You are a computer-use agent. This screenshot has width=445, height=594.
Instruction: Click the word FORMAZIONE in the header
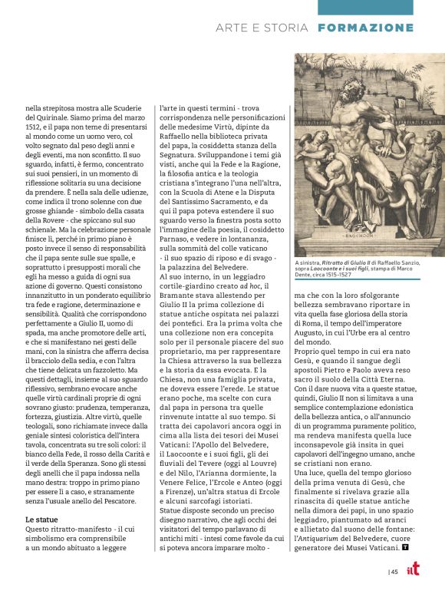point(376,28)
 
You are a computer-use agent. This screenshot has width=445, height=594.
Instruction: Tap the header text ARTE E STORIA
point(263,28)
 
